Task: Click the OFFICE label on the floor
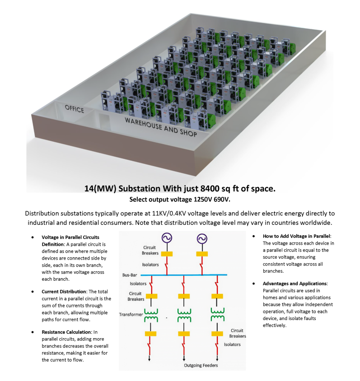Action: pyautogui.click(x=75, y=108)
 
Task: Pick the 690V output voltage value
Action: pyautogui.click(x=219, y=199)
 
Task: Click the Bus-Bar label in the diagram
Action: pyautogui.click(x=129, y=274)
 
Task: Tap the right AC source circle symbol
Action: pyautogui.click(x=201, y=238)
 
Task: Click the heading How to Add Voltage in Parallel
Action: pyautogui.click(x=297, y=236)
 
